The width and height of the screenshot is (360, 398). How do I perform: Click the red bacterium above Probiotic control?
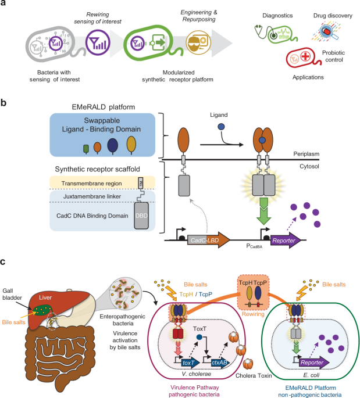(302, 59)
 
